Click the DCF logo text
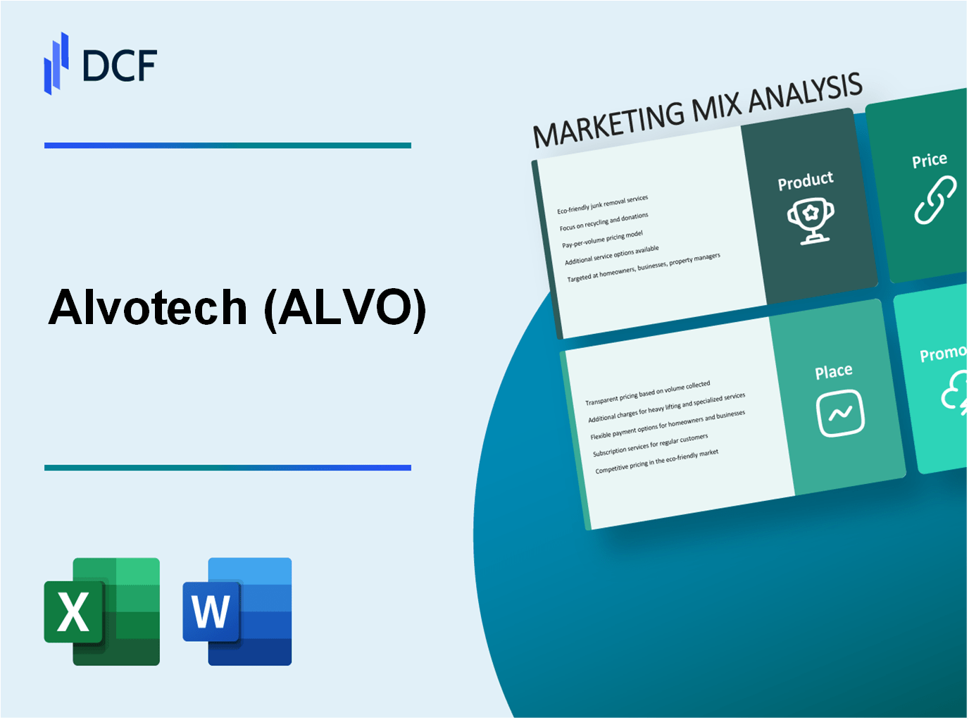click(x=119, y=66)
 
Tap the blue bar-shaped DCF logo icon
click(x=56, y=63)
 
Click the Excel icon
click(x=102, y=612)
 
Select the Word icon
click(x=237, y=612)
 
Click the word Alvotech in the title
click(x=148, y=308)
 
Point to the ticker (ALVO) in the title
click(x=345, y=308)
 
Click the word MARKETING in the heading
click(x=608, y=123)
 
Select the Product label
click(x=805, y=181)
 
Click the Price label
click(x=929, y=161)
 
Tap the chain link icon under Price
click(x=934, y=201)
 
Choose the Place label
click(x=833, y=371)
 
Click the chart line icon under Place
click(x=840, y=414)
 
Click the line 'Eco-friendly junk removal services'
click(x=602, y=204)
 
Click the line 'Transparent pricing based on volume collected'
click(x=647, y=393)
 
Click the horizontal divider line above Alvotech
click(x=227, y=146)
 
